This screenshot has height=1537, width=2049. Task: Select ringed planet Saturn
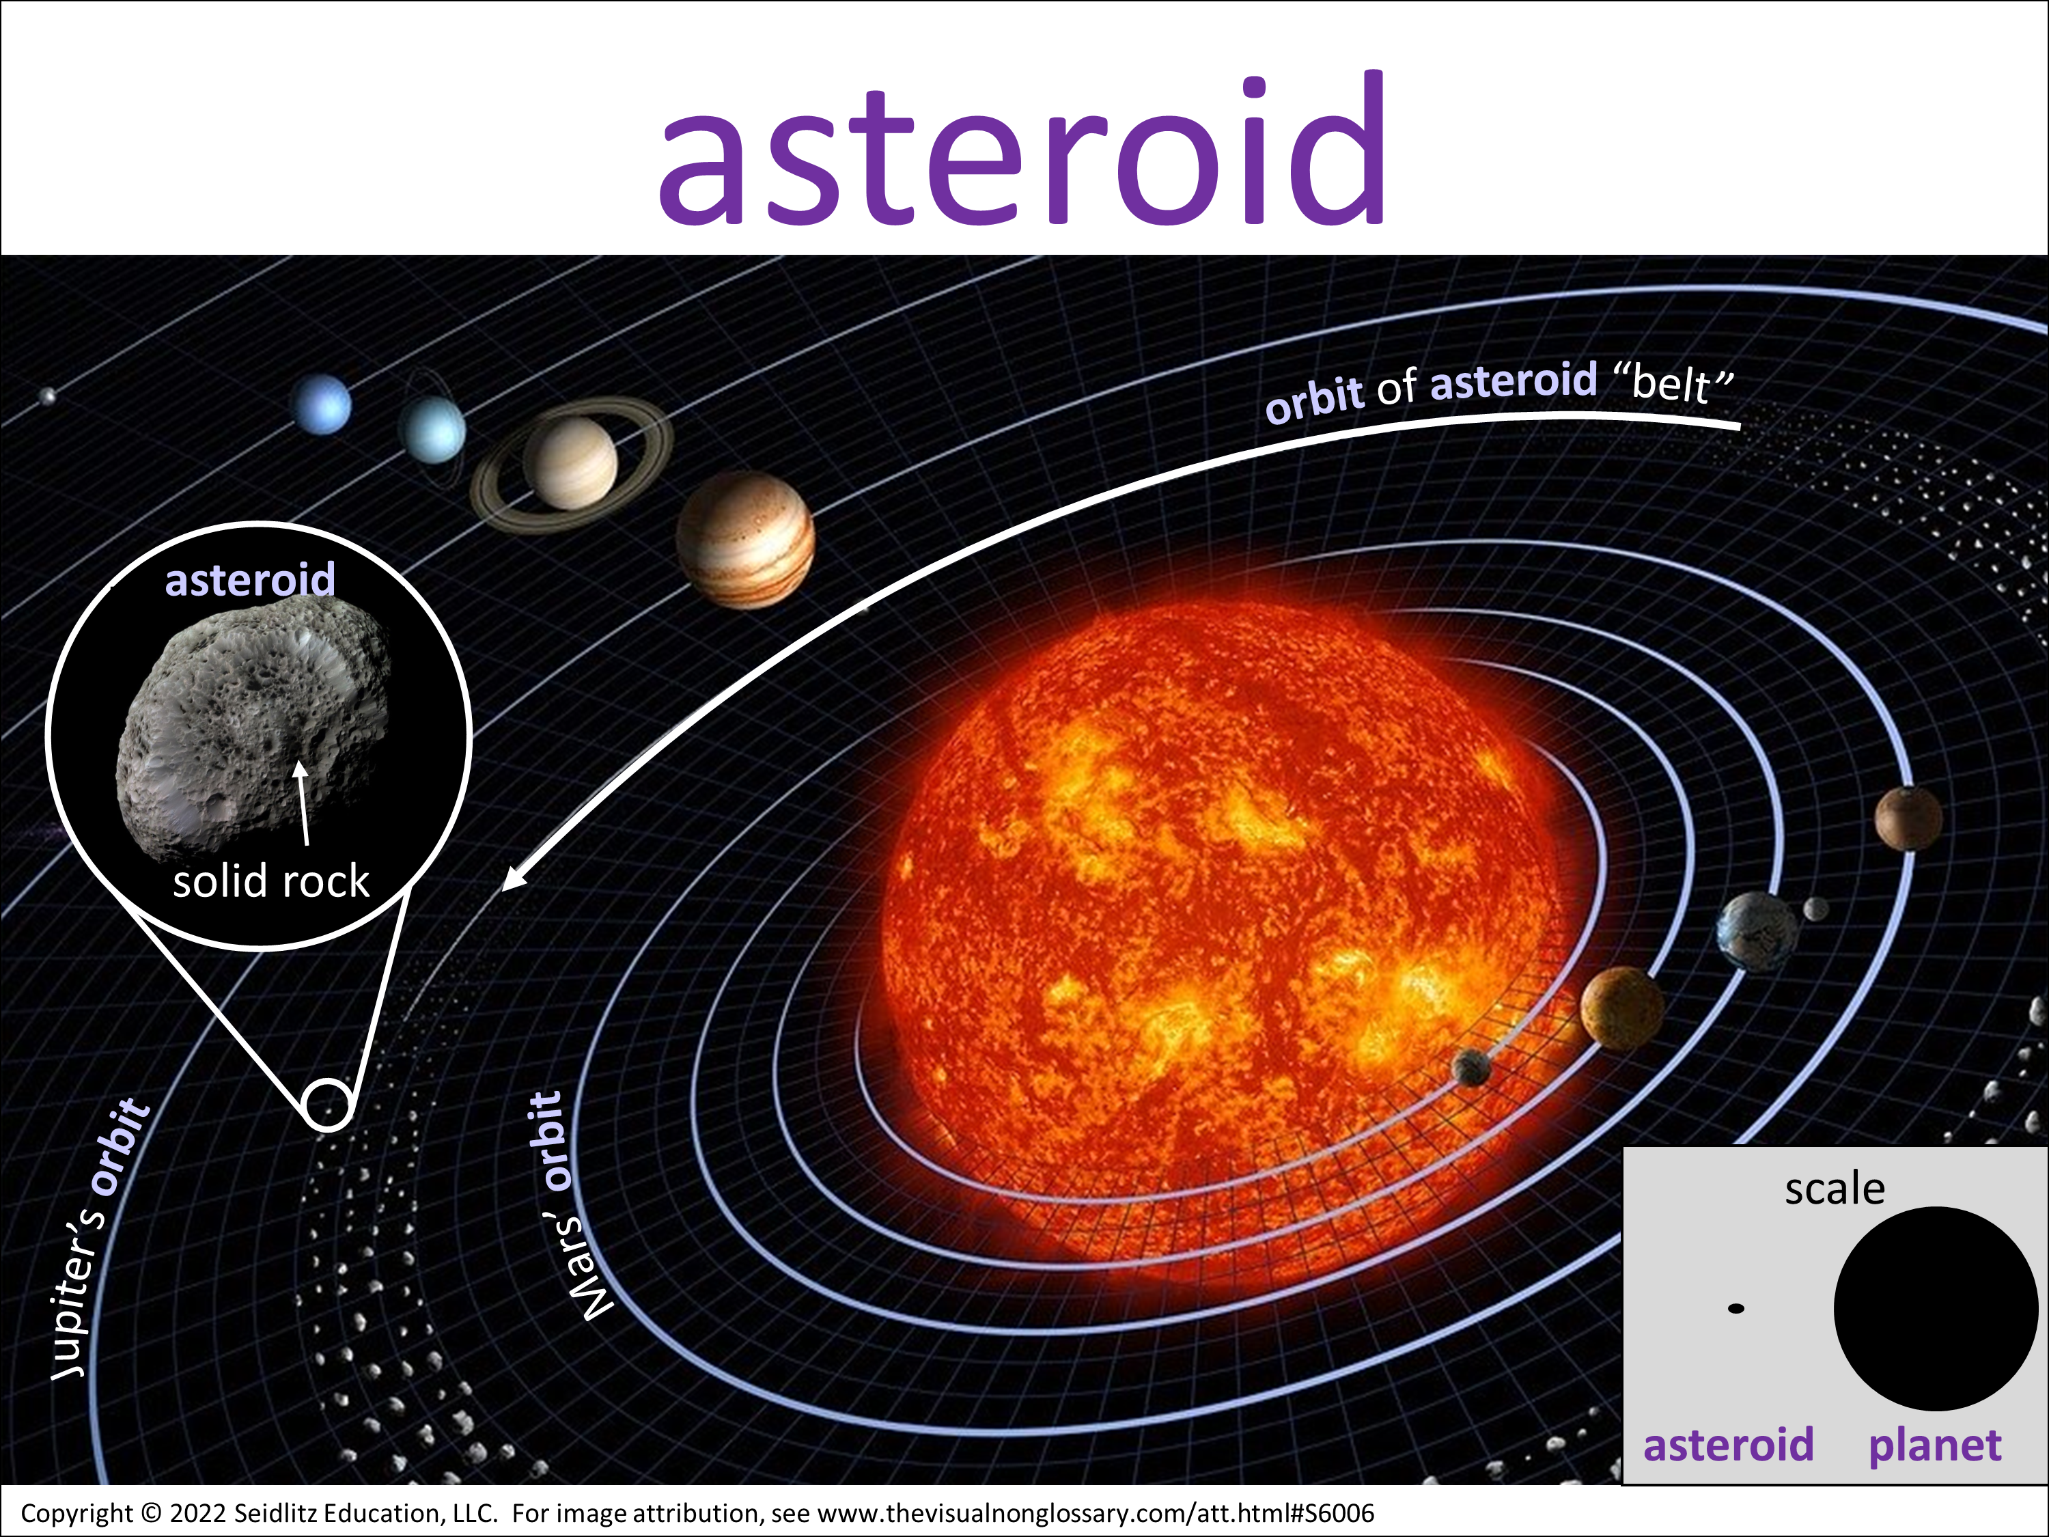pyautogui.click(x=570, y=461)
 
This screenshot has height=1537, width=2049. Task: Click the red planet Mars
pyautogui.click(x=1908, y=817)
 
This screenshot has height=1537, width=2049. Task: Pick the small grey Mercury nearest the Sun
pyautogui.click(x=1471, y=1067)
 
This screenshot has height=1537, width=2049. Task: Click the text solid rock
pyautogui.click(x=270, y=880)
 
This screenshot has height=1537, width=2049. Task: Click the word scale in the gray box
pyautogui.click(x=1834, y=1189)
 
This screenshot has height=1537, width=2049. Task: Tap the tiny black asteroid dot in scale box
pyautogui.click(x=1736, y=1308)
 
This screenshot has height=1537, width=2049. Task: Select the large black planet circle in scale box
pyautogui.click(x=1935, y=1308)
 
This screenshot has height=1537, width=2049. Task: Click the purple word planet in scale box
pyautogui.click(x=1934, y=1445)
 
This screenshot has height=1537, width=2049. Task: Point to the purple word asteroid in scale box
pyautogui.click(x=1729, y=1444)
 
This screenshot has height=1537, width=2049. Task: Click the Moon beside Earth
pyautogui.click(x=1815, y=908)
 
